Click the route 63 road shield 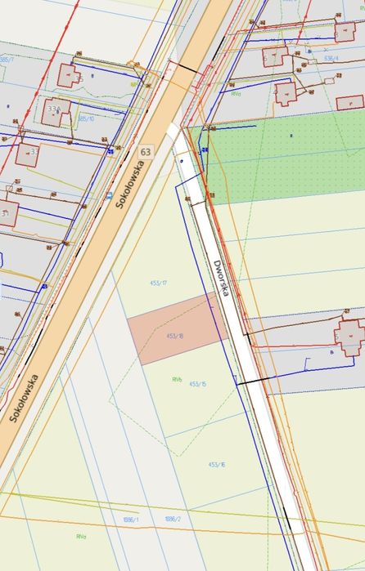click(145, 152)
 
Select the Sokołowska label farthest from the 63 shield click(26, 397)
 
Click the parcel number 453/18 click(174, 336)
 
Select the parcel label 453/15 click(197, 383)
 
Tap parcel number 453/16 click(216, 464)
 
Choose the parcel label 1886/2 click(172, 519)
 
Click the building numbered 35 click(68, 76)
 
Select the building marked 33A click(54, 111)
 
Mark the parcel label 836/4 click(331, 59)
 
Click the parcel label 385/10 click(86, 119)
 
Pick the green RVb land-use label click(177, 379)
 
